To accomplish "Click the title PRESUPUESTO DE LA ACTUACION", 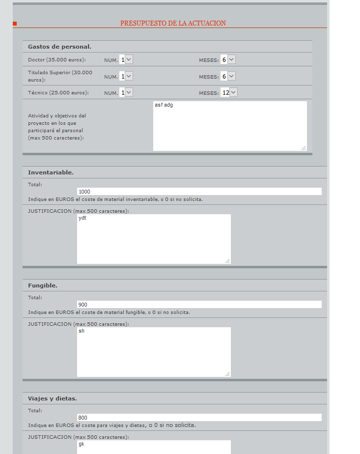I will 173,23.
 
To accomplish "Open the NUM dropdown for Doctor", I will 126,59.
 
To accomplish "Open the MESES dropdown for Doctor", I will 228,59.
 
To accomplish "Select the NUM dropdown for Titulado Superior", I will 126,76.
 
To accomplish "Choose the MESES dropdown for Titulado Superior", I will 228,76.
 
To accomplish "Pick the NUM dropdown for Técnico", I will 126,92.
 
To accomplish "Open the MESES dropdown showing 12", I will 229,92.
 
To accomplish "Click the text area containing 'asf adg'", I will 230,126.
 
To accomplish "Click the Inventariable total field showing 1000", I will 199,192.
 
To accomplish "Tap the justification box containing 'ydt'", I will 154,239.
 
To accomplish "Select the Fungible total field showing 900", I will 199,305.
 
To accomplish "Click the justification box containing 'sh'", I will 154,352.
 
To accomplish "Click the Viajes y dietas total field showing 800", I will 199,418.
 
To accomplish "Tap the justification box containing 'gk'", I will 154,447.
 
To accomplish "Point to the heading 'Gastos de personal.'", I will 59,47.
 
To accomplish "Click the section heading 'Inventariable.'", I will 51,172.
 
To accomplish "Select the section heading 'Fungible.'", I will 43,285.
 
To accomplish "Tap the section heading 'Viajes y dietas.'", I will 52,398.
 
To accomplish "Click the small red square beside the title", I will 15,24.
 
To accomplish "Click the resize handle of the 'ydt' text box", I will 228,261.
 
